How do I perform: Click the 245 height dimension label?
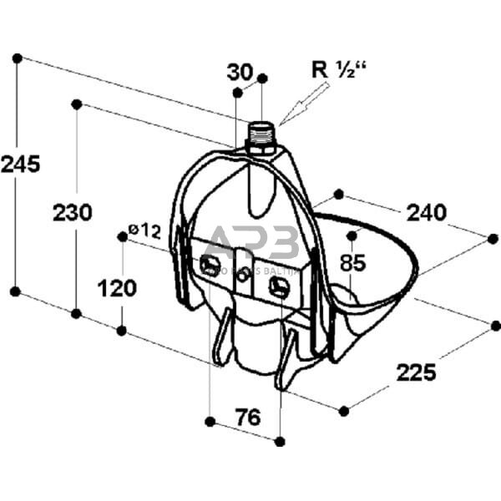coord(20,164)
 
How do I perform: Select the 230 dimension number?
coord(73,213)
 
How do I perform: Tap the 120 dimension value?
coord(117,288)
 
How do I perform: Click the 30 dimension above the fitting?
coord(240,73)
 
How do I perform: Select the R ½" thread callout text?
coord(339,68)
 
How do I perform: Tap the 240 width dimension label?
coord(426,212)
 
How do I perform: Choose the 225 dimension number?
coord(416,372)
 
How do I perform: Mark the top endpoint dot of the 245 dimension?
coord(17,58)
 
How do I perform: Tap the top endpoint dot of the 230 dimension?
coord(77,104)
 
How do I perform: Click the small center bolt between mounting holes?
coord(243,275)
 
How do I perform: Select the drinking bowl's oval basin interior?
coord(367,259)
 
